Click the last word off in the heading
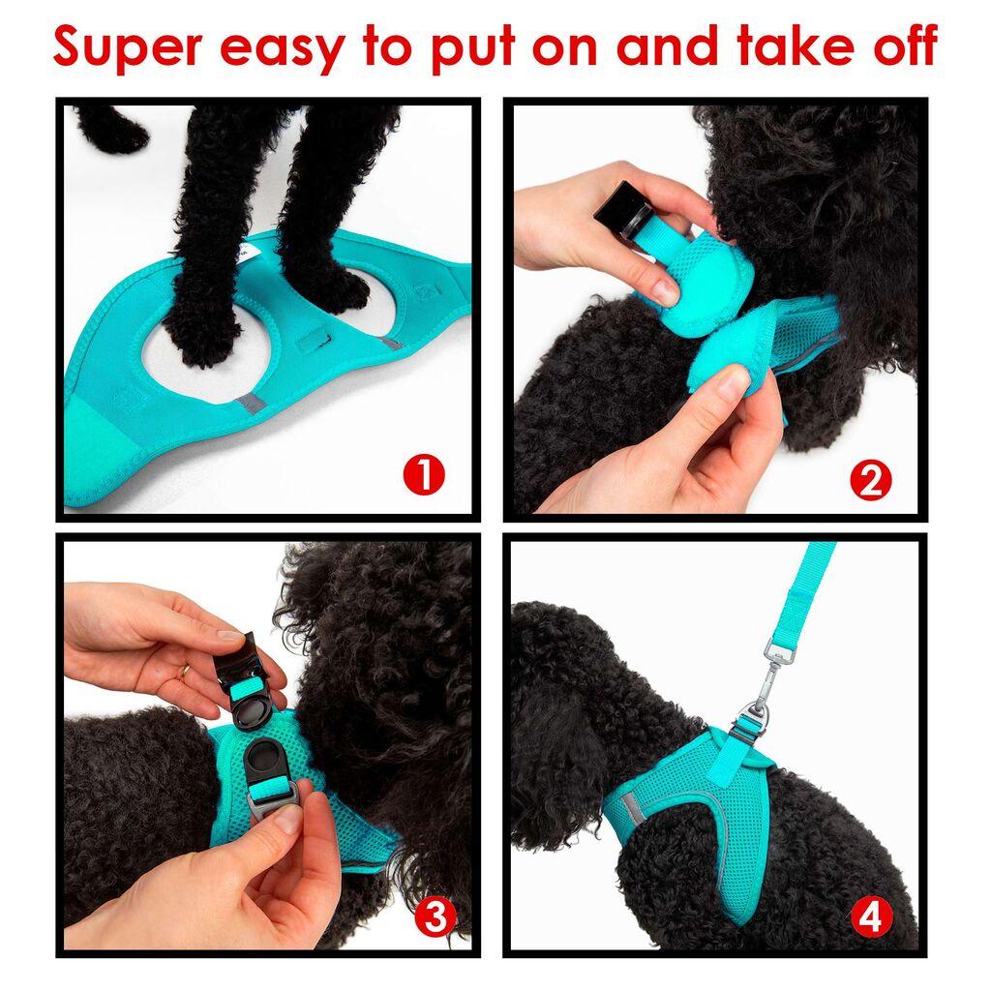896,46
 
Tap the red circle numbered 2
870,481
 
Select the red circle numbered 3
435,916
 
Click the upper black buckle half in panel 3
252,677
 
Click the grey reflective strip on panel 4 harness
639,802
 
